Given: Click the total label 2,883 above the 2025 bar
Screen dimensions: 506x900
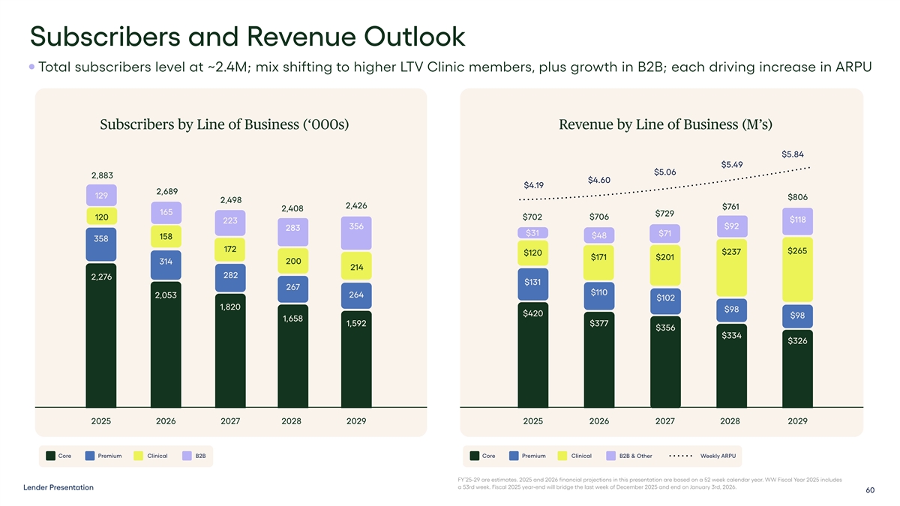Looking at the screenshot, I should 101,175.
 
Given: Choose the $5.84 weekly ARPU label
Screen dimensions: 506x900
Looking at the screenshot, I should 793,154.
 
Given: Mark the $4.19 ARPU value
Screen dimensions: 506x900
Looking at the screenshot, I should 533,185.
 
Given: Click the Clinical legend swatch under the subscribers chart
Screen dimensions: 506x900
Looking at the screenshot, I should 139,456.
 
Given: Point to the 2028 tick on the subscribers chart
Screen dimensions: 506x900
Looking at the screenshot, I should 291,421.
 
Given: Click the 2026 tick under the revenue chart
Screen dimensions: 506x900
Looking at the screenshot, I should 599,421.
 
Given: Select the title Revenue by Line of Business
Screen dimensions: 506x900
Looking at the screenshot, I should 665,124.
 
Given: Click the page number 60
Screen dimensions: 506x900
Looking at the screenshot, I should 870,490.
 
